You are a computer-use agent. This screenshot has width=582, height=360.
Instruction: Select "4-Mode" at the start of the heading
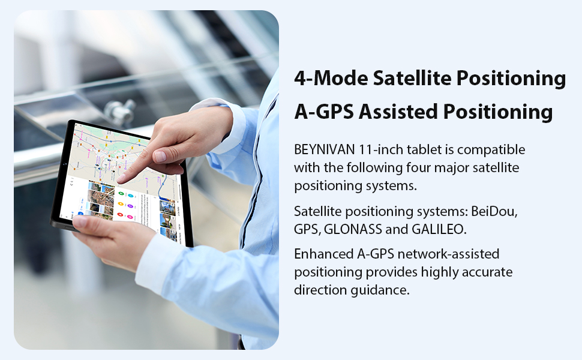click(x=329, y=78)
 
